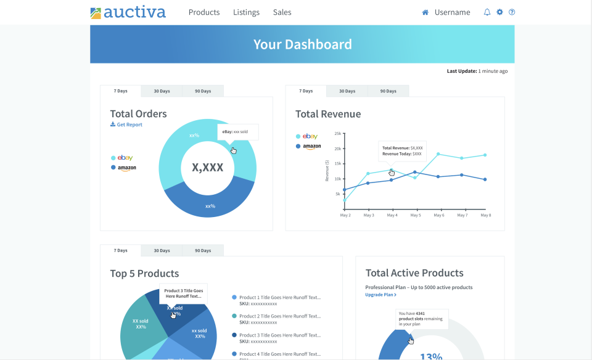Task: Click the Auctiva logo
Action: pyautogui.click(x=128, y=12)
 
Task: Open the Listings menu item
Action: pyautogui.click(x=246, y=12)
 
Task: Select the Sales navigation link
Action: pyautogui.click(x=282, y=12)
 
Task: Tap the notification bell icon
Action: pyautogui.click(x=487, y=12)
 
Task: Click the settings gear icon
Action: pyautogui.click(x=499, y=12)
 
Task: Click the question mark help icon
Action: pyautogui.click(x=512, y=12)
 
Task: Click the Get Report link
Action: pyautogui.click(x=126, y=125)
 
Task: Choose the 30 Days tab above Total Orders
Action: pyautogui.click(x=162, y=91)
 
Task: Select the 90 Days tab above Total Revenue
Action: pyautogui.click(x=388, y=91)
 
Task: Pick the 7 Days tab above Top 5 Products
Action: pyautogui.click(x=121, y=250)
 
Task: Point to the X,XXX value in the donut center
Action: pyautogui.click(x=207, y=167)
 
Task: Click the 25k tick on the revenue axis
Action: pyautogui.click(x=337, y=133)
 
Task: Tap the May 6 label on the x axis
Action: pyautogui.click(x=438, y=215)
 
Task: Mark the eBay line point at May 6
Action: pyautogui.click(x=438, y=154)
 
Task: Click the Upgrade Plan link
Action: pyautogui.click(x=380, y=295)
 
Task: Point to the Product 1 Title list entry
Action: pyautogui.click(x=279, y=297)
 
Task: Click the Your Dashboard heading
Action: pyautogui.click(x=302, y=44)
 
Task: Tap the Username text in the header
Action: pyautogui.click(x=452, y=12)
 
